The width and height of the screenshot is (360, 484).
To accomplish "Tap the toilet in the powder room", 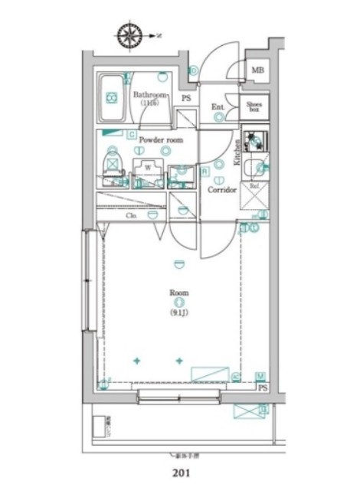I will [113, 165].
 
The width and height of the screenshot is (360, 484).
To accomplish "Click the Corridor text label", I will [222, 188].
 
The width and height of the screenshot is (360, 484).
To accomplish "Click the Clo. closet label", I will [132, 217].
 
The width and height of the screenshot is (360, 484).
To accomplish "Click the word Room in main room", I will [179, 293].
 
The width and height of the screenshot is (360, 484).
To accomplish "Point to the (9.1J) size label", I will [179, 312].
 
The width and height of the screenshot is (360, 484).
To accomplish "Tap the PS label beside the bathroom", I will [186, 99].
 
